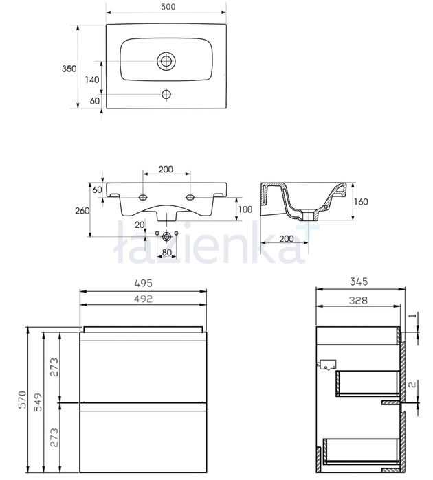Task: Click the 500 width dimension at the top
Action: [x=168, y=7]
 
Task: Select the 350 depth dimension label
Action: [x=69, y=69]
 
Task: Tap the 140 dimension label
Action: [x=92, y=80]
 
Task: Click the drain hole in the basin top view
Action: [x=166, y=61]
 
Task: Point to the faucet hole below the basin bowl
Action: [x=166, y=94]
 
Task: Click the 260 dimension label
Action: [x=82, y=211]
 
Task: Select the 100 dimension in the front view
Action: [x=245, y=209]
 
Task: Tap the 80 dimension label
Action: [x=166, y=253]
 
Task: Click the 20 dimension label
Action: [x=140, y=225]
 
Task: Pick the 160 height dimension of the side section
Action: [x=361, y=202]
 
